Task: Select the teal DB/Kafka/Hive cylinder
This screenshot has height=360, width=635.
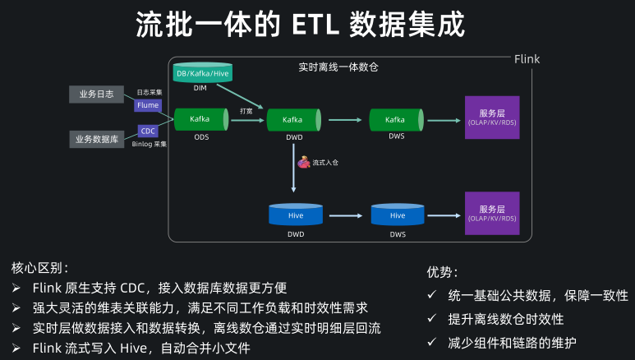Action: (x=203, y=74)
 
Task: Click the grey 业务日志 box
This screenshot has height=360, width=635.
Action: (x=96, y=95)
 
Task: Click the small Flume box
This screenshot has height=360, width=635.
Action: (x=148, y=105)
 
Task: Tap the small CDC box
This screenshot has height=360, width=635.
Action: (x=148, y=131)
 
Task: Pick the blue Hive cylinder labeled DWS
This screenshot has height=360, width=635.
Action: (x=398, y=215)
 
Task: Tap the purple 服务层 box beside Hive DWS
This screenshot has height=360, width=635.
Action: (x=492, y=214)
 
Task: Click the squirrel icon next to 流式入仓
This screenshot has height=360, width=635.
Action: (x=304, y=163)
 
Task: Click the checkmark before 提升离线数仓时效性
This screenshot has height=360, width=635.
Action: (x=432, y=319)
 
